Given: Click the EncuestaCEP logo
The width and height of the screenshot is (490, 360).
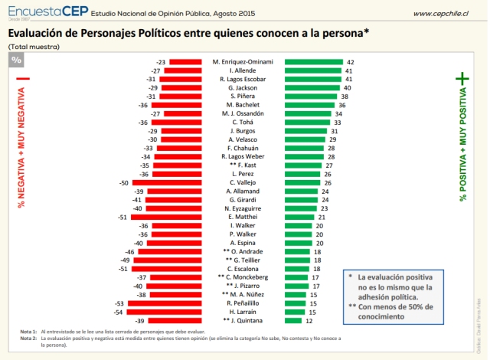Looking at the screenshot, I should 47,12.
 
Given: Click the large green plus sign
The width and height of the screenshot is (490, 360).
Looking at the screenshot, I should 462,78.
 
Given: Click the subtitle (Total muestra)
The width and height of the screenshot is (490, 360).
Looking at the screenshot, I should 34,47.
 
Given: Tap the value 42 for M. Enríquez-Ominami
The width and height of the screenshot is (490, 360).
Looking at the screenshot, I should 350,61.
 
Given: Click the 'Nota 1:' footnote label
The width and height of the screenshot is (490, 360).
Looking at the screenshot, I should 28,331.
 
